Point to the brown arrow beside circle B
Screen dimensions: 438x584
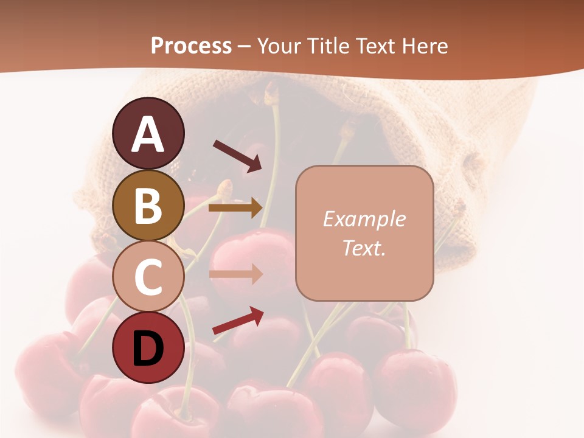[x=235, y=208]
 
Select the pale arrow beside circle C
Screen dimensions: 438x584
[x=235, y=274]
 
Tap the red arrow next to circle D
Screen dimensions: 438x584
[x=238, y=321]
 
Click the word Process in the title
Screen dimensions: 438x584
[x=191, y=46]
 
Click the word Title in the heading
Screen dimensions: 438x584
[x=327, y=46]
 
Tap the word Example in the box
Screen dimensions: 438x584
[x=364, y=219]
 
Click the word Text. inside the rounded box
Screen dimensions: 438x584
[x=364, y=248]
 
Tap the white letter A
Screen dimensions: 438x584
[x=148, y=134]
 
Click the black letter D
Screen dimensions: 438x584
[x=148, y=348]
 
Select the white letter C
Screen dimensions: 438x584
[x=148, y=277]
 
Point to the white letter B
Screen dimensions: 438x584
[x=148, y=206]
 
